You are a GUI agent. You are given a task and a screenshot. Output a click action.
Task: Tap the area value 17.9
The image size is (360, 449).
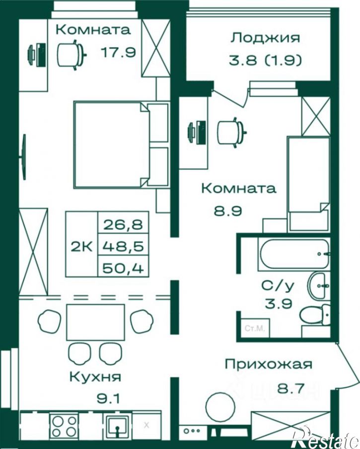[118, 52]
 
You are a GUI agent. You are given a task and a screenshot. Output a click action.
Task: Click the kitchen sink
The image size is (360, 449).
[117, 425]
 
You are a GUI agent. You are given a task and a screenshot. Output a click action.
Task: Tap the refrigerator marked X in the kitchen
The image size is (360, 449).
[146, 425]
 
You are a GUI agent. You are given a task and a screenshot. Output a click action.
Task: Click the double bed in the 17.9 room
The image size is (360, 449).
[112, 145]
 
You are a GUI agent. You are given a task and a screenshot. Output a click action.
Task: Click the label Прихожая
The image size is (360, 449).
[268, 365]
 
